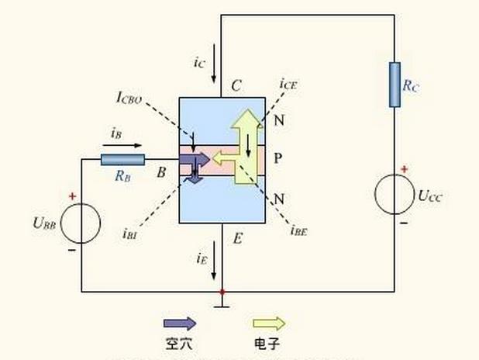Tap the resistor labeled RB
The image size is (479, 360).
coord(122,159)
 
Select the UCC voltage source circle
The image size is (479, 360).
coord(395,194)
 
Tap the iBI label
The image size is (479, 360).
coord(130,231)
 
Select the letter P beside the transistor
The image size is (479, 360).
coord(277,158)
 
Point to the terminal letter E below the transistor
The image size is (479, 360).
coord(238,239)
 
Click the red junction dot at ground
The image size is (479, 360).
coord(222,292)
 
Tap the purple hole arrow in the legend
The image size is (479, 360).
coord(180,324)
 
